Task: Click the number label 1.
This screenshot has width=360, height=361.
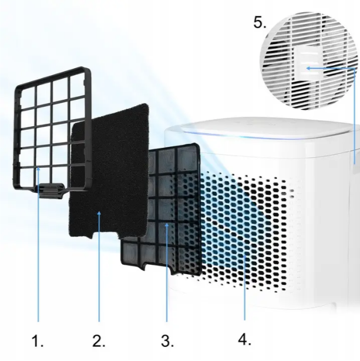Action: (x=38, y=340)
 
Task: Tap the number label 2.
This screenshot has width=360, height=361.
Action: (x=99, y=340)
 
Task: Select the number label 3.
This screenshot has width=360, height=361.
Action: (x=167, y=340)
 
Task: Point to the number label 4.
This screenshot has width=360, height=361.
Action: (x=244, y=339)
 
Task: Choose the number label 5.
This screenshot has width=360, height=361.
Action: (x=260, y=23)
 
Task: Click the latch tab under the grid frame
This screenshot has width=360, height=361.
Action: (x=51, y=190)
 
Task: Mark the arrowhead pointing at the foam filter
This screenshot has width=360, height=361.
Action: (x=99, y=214)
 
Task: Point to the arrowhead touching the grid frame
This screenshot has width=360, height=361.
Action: (x=38, y=170)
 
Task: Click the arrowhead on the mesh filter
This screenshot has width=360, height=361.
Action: (x=167, y=225)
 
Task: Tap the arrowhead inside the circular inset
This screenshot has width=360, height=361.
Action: (x=308, y=68)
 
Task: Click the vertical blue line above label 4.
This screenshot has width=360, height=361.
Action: (x=245, y=287)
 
